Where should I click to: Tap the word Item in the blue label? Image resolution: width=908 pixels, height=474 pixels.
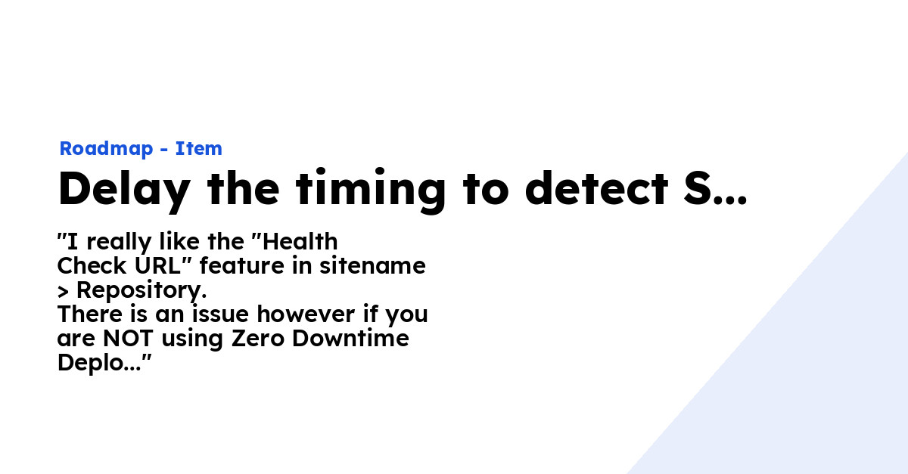[199, 149]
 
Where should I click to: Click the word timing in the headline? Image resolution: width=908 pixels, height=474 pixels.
[371, 191]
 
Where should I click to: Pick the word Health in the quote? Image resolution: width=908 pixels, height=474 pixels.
[300, 242]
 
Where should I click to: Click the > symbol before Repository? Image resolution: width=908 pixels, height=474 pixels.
[63, 291]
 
